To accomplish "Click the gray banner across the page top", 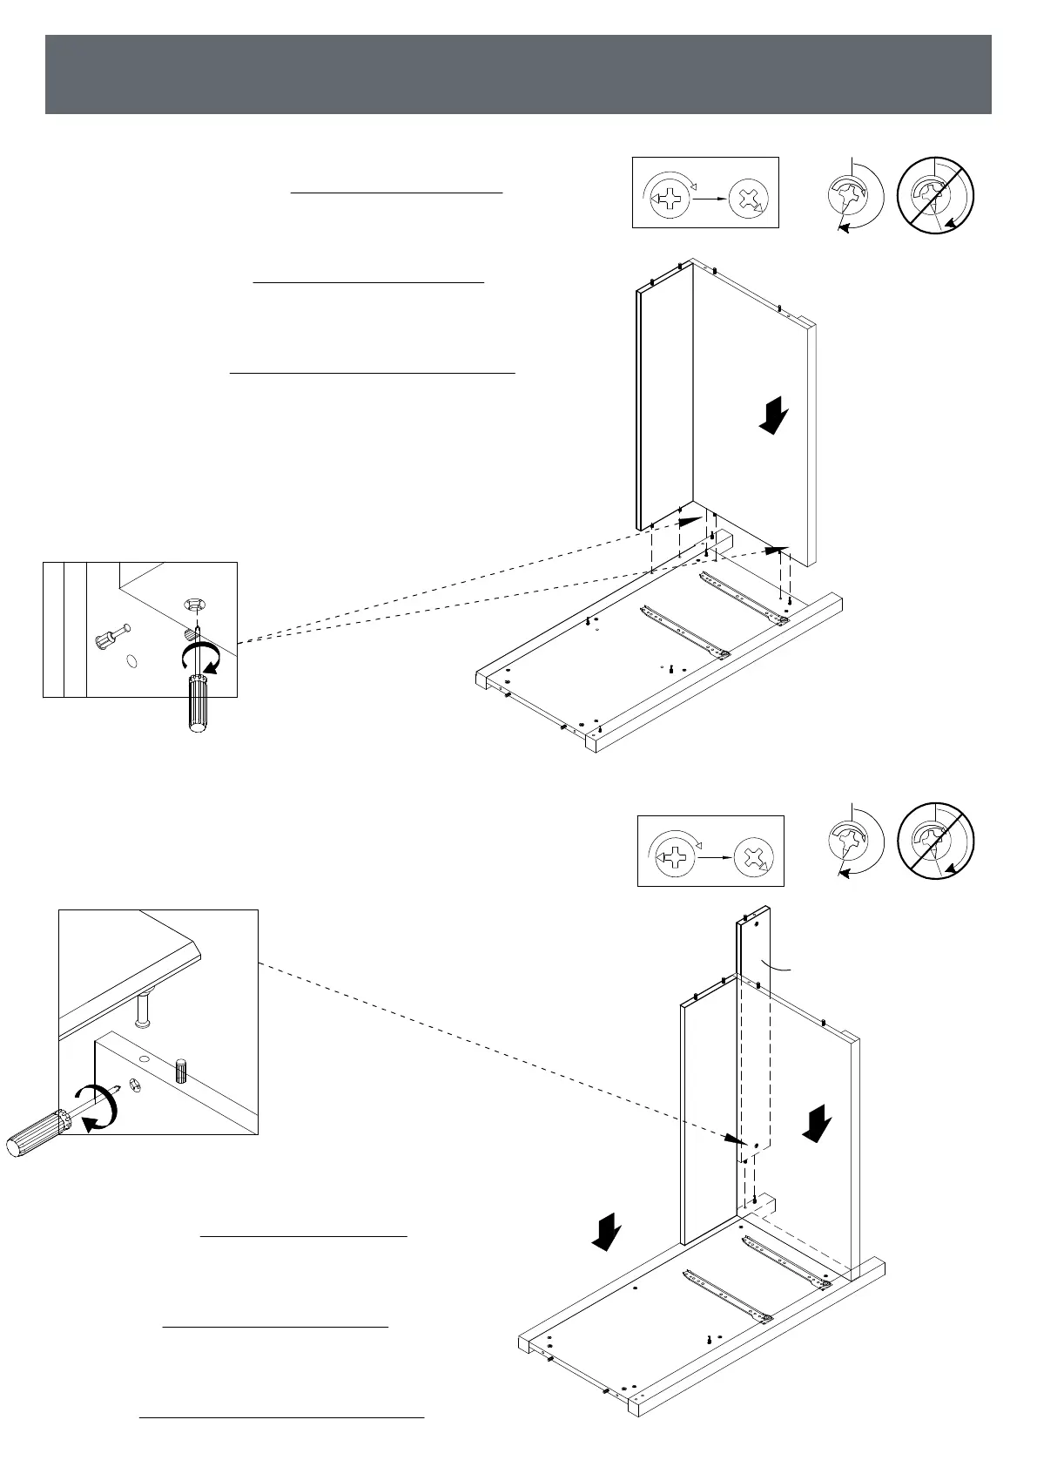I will click(518, 74).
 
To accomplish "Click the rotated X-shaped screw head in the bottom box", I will click(753, 858).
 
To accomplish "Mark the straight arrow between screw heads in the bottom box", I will click(713, 857).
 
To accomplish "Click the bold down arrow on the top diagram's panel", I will click(773, 415).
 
